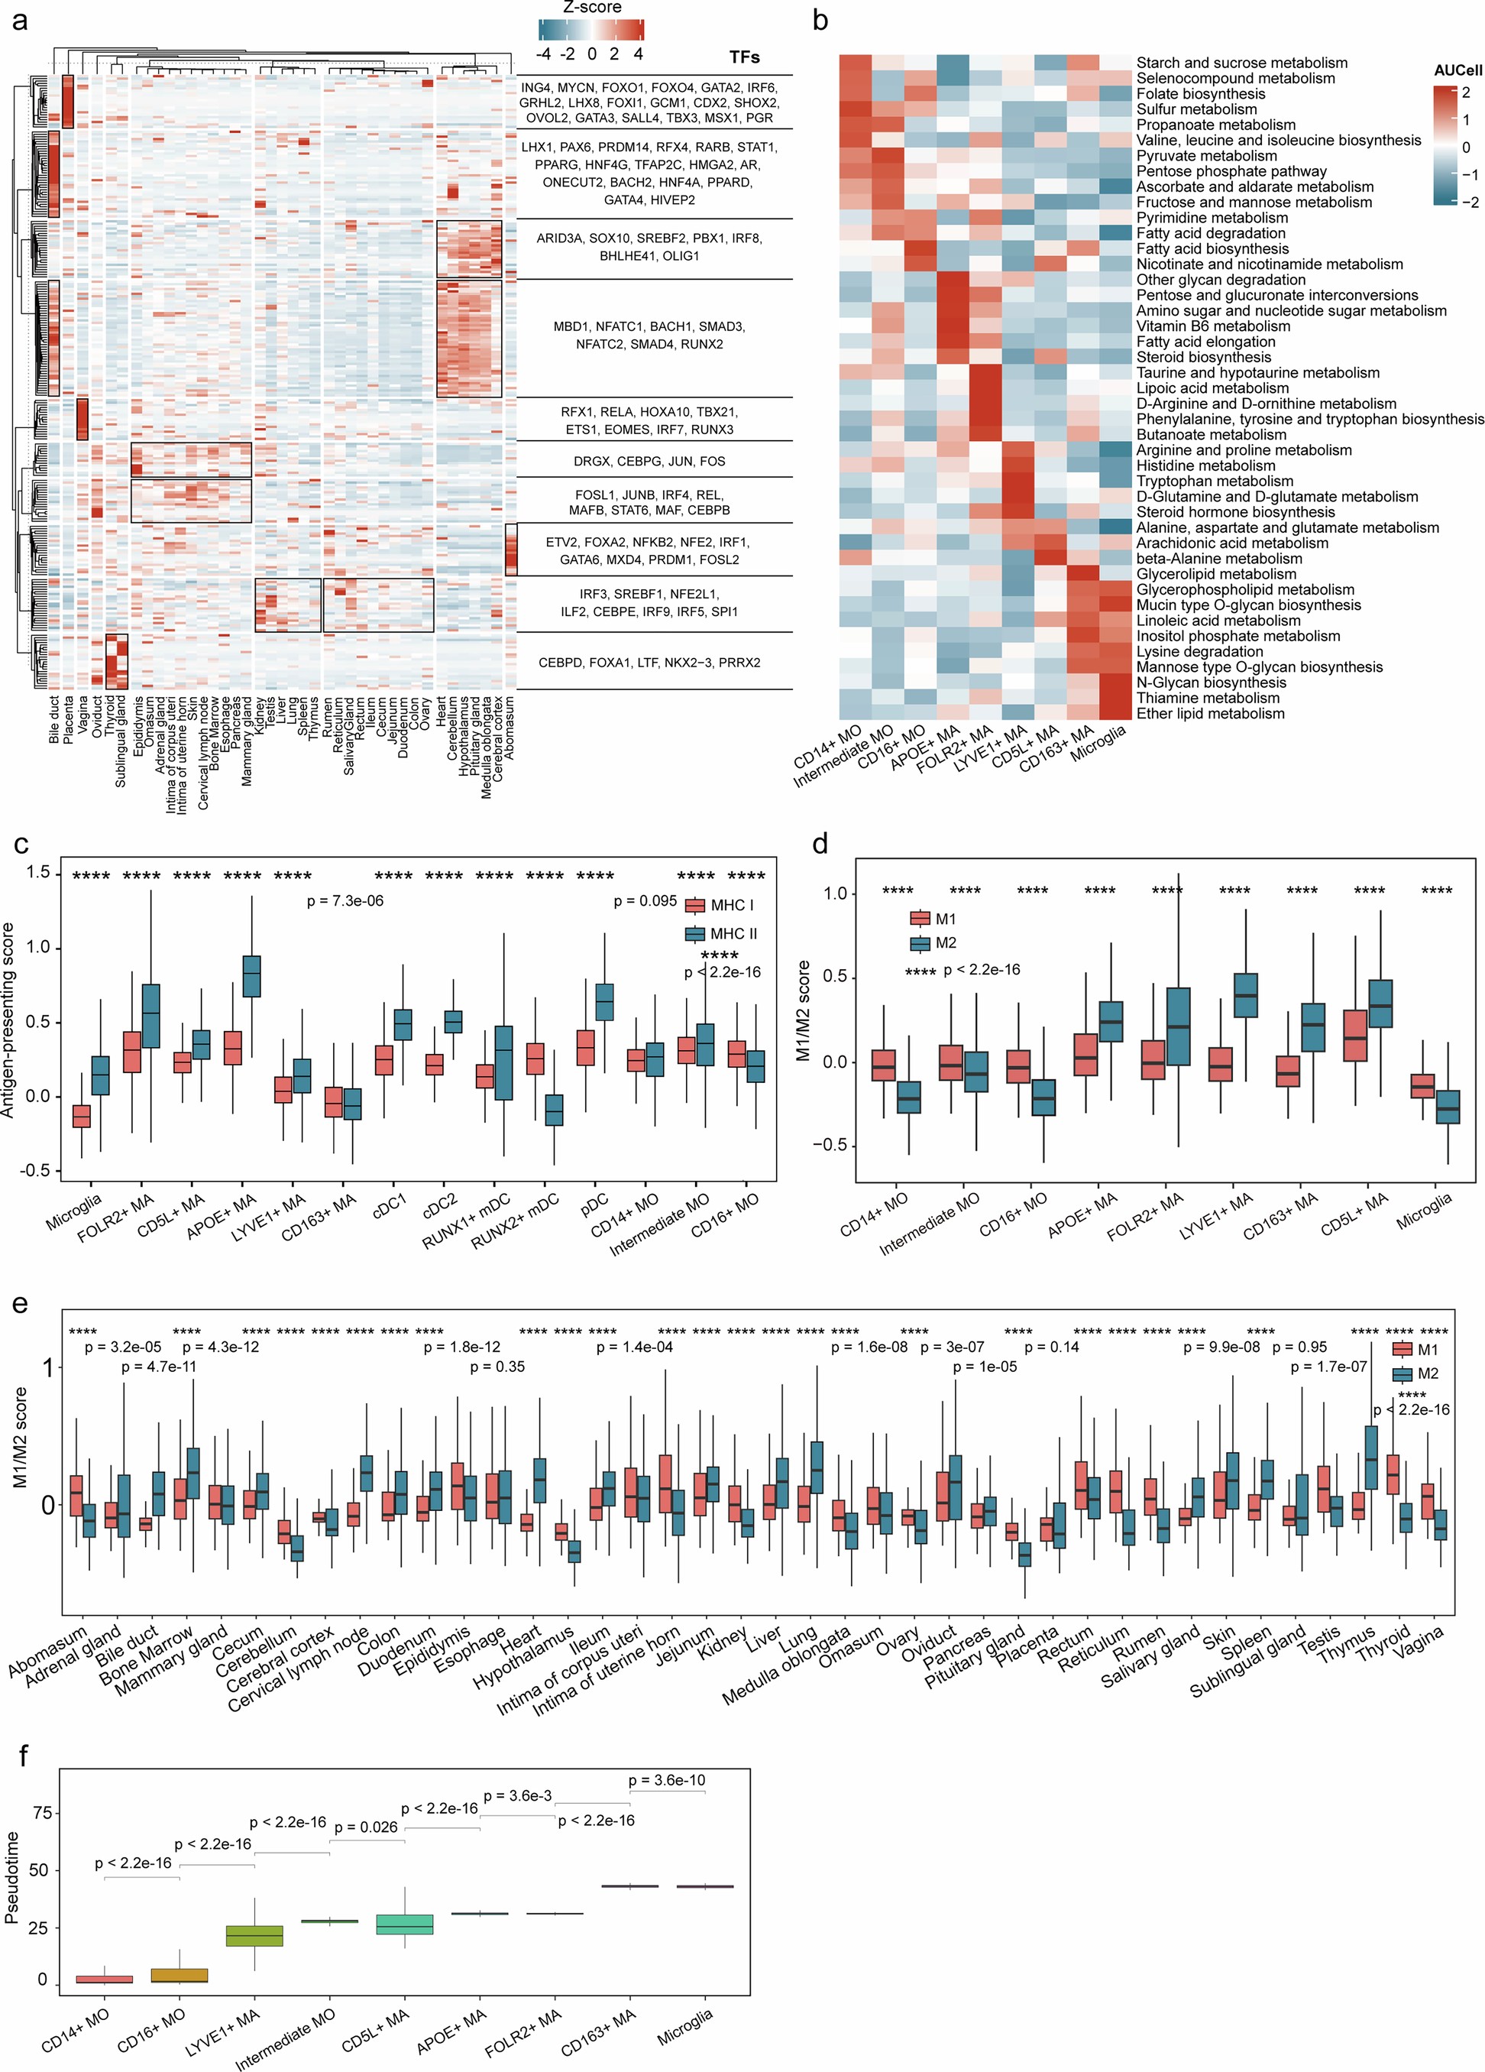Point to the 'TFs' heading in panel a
pyautogui.click(x=744, y=57)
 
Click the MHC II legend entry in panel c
pyautogui.click(x=723, y=934)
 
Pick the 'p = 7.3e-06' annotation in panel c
pyautogui.click(x=345, y=901)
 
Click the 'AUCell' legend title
pyautogui.click(x=1457, y=70)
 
